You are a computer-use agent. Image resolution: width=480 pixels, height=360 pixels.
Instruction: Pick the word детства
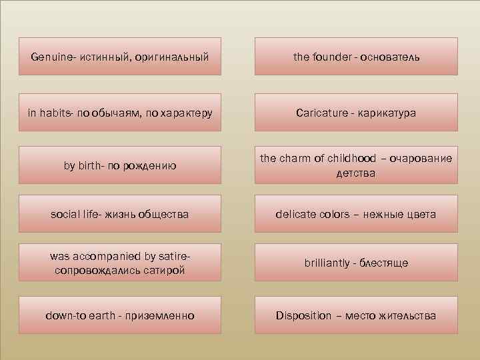tap(356, 173)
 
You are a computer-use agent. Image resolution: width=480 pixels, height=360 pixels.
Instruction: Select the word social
tap(66, 215)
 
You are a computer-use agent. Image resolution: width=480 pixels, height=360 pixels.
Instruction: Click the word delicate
tap(299, 215)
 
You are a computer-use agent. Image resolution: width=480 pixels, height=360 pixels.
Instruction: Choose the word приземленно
tap(160, 315)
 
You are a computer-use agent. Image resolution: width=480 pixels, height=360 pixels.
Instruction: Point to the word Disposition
tap(303, 315)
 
